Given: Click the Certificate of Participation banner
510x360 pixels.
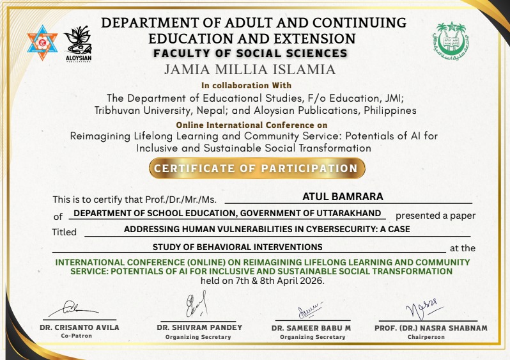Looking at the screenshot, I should click(x=257, y=168).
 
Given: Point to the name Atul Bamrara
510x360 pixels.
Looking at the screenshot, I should click(x=343, y=197).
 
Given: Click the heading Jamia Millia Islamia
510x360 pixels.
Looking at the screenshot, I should click(x=250, y=69).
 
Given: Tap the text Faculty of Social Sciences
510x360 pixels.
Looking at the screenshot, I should click(x=251, y=54).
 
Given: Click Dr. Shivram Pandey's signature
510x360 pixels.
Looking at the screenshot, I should click(x=196, y=305).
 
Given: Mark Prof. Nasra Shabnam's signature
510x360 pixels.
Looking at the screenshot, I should click(x=426, y=308).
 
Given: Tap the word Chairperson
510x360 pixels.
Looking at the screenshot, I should click(x=426, y=337).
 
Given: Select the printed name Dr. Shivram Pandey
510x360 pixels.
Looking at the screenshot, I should click(x=199, y=327).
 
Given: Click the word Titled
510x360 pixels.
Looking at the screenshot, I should click(x=64, y=232).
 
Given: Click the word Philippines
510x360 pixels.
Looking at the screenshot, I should click(x=388, y=110).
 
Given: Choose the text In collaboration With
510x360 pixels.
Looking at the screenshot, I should click(x=247, y=85).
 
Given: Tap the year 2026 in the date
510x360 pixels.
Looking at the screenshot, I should click(x=311, y=280).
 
